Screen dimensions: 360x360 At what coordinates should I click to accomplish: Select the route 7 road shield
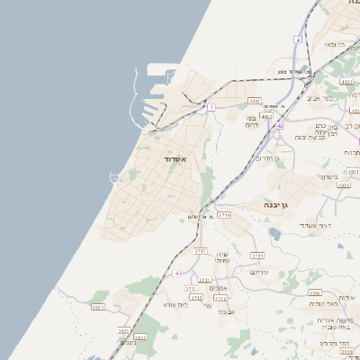pyautogui.click(x=211, y=107)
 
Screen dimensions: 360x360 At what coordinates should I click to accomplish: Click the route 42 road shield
pyautogui.click(x=280, y=126)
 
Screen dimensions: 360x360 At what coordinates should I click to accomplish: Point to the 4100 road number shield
pyautogui.click(x=255, y=101)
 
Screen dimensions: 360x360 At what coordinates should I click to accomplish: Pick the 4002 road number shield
pyautogui.click(x=266, y=116)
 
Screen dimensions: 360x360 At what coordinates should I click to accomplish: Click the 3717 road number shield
pyautogui.click(x=201, y=251)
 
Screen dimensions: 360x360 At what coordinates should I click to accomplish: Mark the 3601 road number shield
pyautogui.click(x=98, y=308)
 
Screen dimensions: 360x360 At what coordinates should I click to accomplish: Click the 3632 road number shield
pyautogui.click(x=139, y=337)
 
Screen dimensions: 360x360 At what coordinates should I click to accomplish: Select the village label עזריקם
pyautogui.click(x=260, y=271)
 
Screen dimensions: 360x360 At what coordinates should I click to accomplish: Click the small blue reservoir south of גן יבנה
pyautogui.click(x=274, y=234)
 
